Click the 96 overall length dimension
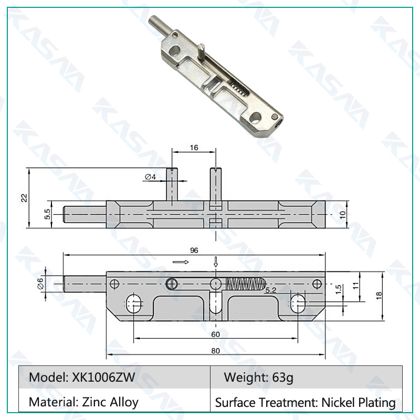(x=194, y=250)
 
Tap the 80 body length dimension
(x=216, y=351)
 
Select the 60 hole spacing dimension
(x=216, y=334)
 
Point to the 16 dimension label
(x=194, y=148)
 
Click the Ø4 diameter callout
(x=150, y=177)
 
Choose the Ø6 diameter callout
(x=40, y=283)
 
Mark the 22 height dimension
(x=24, y=198)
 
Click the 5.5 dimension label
(x=47, y=214)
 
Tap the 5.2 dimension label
(x=270, y=290)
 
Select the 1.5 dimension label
(x=338, y=290)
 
